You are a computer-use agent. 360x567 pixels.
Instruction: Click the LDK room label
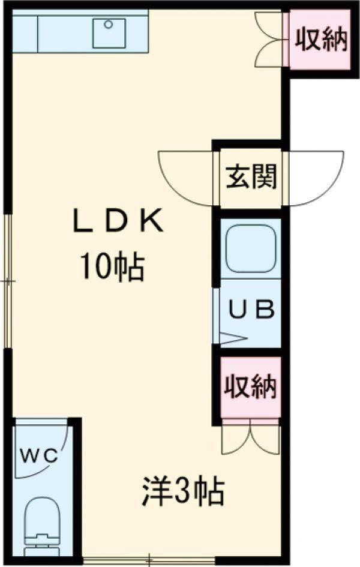(118, 221)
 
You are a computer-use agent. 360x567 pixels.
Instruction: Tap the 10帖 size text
(112, 267)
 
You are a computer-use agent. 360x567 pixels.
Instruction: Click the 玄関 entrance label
(251, 176)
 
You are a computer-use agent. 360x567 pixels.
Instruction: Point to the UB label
(252, 310)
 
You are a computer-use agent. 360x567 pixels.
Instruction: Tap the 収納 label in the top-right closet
(322, 40)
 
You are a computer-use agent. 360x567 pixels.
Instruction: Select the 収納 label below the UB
(251, 386)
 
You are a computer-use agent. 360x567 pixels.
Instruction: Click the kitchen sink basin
(109, 33)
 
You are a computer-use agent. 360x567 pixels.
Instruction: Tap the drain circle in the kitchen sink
(109, 25)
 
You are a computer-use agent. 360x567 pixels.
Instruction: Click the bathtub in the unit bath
(251, 249)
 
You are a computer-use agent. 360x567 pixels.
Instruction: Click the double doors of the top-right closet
(268, 40)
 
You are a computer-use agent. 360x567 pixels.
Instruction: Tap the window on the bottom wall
(149, 562)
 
